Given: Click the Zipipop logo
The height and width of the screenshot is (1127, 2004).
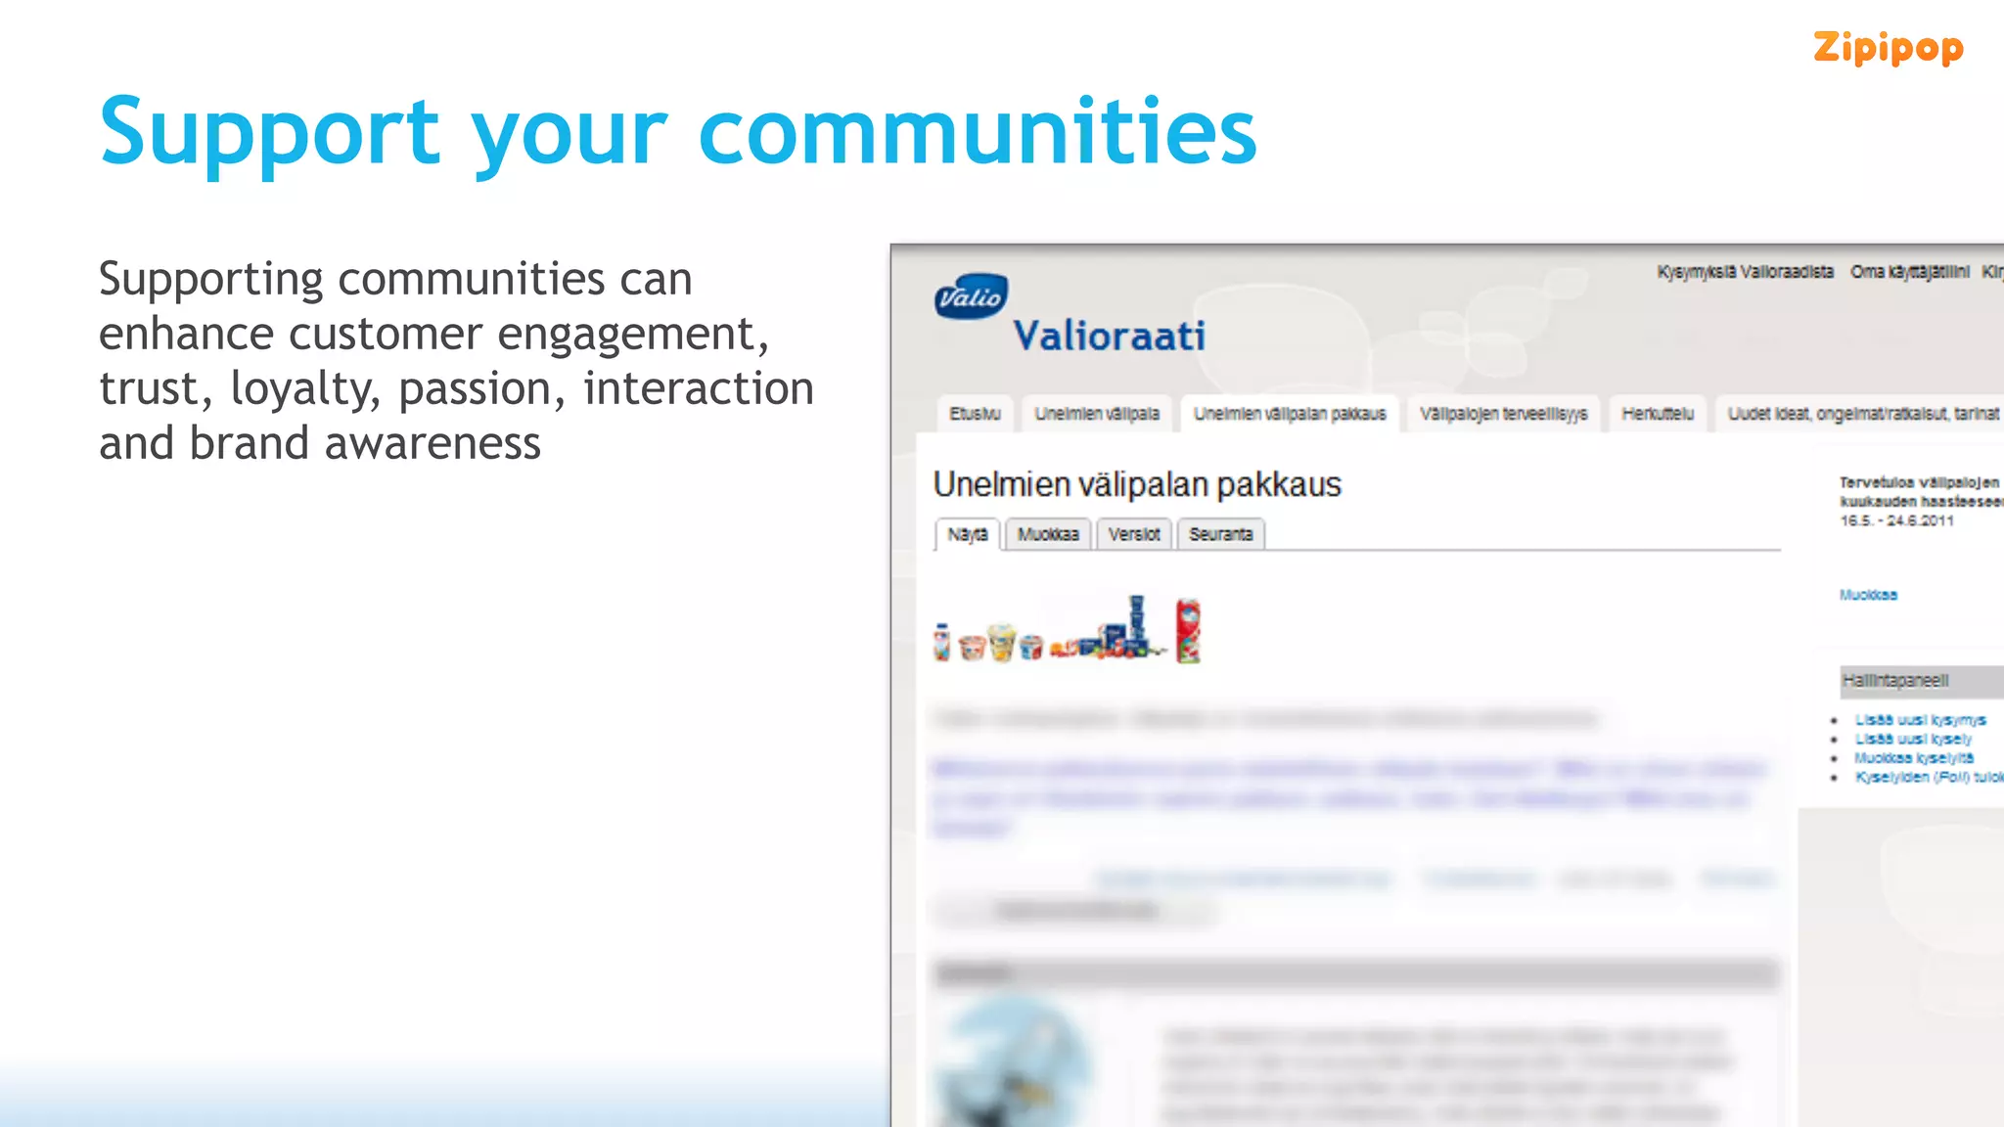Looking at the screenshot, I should point(1887,48).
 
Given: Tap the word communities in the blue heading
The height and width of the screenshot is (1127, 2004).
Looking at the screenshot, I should point(977,131).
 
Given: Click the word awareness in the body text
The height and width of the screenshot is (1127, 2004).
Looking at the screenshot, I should point(432,444).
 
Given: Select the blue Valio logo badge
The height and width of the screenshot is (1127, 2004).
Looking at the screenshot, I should point(971,296).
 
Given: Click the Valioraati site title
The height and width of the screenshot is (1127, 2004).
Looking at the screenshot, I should point(1109,337).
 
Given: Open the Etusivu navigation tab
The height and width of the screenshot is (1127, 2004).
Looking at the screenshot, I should point(975,414).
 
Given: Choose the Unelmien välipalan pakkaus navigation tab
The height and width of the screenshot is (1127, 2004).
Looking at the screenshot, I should point(1289,414).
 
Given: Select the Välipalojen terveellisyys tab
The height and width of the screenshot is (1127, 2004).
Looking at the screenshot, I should point(1503,414).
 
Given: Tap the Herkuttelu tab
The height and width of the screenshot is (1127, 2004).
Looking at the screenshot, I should point(1657,414).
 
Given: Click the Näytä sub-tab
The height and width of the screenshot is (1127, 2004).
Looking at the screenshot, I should point(967,535).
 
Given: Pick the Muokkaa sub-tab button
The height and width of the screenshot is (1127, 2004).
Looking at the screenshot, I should point(1047,534).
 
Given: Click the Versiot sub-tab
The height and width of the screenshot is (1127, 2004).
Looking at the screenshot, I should point(1133,534).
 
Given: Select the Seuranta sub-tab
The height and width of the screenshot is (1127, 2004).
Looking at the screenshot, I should point(1220,534).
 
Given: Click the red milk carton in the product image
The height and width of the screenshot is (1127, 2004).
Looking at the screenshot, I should point(1187,631).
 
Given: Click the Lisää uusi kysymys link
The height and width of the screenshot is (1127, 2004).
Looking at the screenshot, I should point(1920,720).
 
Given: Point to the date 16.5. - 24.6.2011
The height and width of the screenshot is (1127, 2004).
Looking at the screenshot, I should point(1895,520).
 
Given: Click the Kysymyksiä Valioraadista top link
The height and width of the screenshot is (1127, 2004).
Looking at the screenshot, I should point(1745,272).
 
